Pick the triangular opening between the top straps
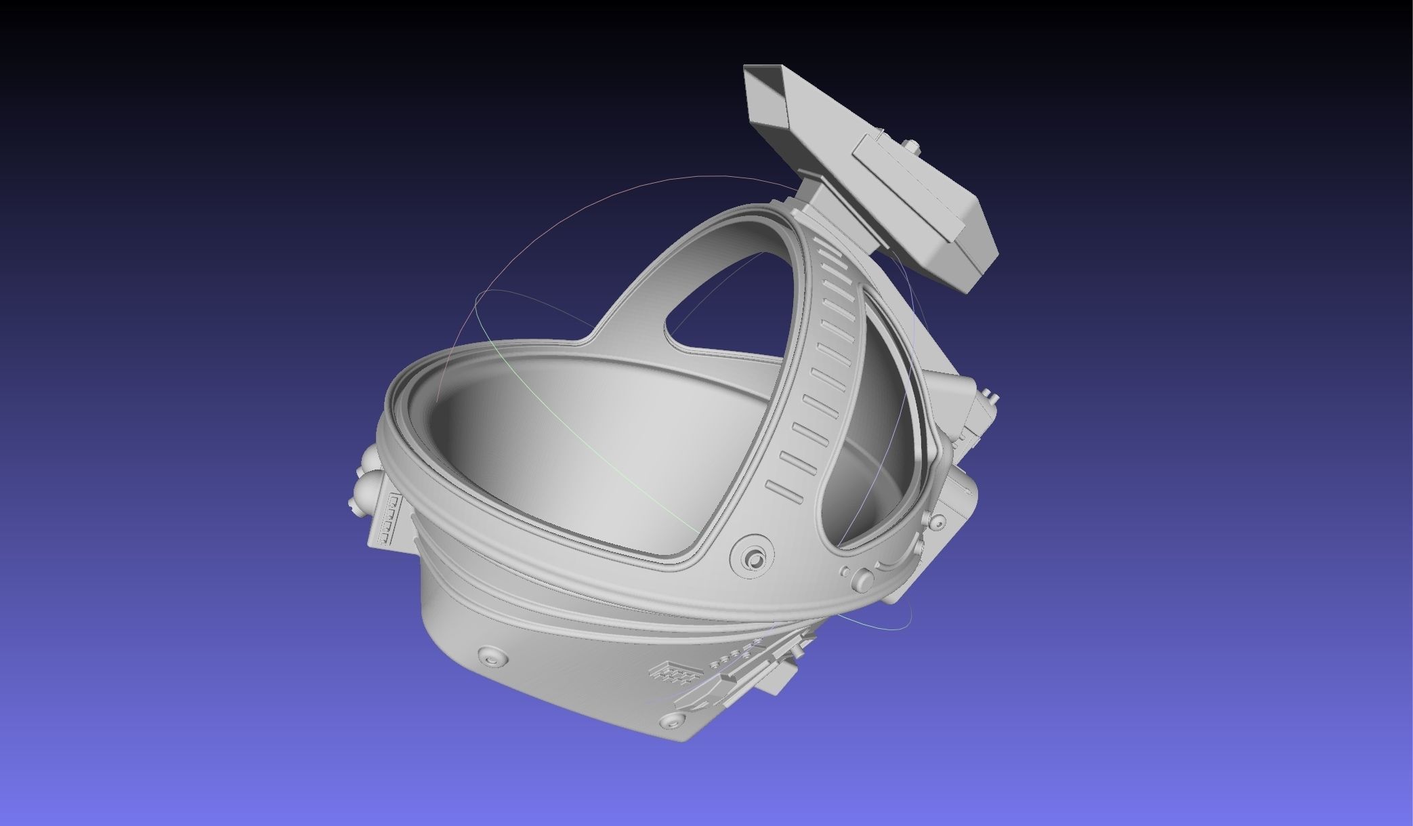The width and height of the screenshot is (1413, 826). [x=725, y=298]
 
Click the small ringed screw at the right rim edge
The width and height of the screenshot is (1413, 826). [x=938, y=522]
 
